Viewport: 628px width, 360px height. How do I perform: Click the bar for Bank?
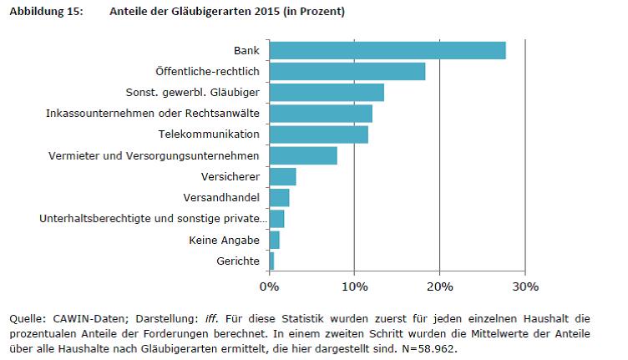click(387, 50)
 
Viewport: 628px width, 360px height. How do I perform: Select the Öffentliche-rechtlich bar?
click(347, 71)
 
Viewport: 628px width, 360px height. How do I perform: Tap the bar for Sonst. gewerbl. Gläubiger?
click(327, 92)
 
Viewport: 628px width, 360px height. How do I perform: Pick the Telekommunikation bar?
click(319, 134)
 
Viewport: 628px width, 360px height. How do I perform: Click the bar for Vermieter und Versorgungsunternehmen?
click(303, 155)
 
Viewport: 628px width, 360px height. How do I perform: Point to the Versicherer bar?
click(283, 176)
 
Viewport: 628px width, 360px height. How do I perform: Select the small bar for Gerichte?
click(271, 261)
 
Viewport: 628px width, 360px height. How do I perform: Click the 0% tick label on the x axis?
click(269, 286)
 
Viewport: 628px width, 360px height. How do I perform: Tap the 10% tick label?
click(354, 286)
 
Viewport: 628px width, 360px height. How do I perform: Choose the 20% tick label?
click(439, 286)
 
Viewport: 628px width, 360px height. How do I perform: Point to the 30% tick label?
click(524, 286)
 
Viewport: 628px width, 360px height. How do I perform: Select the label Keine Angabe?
click(225, 241)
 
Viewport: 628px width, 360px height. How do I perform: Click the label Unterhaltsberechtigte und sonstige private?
click(153, 219)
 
